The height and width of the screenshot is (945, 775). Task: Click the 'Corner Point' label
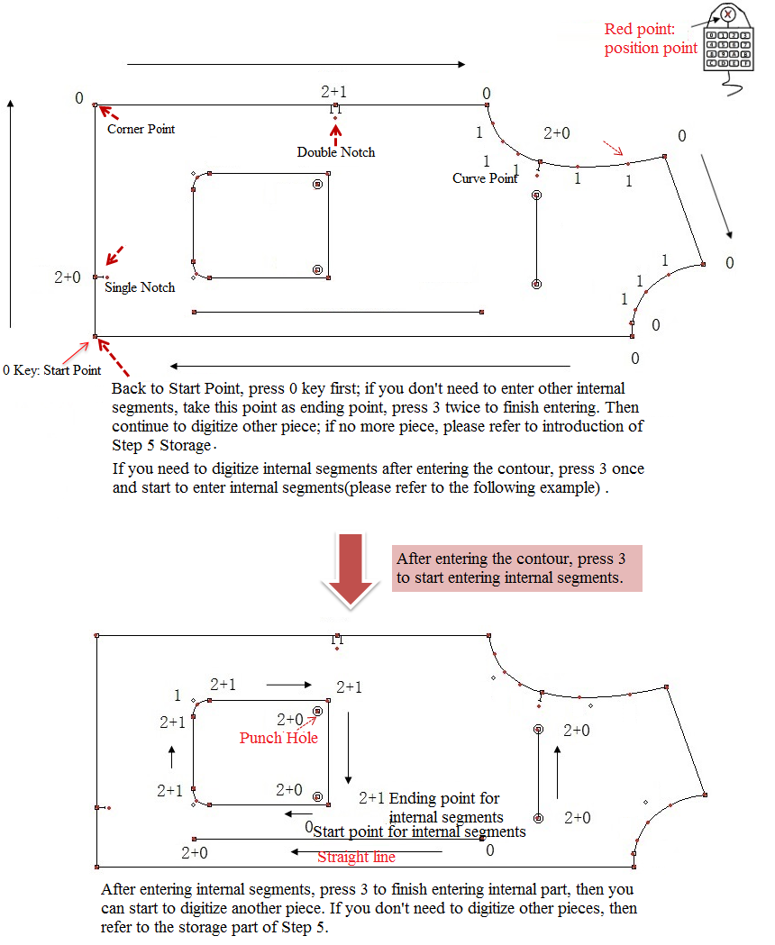[141, 129]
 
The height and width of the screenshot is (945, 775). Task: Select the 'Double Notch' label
[336, 152]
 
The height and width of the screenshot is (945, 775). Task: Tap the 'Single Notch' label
[140, 287]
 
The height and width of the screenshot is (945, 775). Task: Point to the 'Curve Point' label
[485, 178]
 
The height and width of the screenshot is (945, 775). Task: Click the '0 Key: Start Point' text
[52, 369]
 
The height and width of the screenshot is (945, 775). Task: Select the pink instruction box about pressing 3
[516, 568]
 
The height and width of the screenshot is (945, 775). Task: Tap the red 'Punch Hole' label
[278, 738]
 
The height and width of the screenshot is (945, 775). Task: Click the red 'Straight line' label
[356, 857]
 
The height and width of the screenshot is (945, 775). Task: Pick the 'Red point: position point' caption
[651, 39]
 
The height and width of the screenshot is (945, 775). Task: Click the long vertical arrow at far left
[10, 213]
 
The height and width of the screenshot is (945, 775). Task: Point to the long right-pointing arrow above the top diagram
[296, 64]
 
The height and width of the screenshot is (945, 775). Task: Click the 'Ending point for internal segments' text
[445, 807]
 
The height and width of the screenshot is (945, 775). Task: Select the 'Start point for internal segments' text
[419, 831]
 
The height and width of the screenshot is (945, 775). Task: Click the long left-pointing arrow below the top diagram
[369, 367]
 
